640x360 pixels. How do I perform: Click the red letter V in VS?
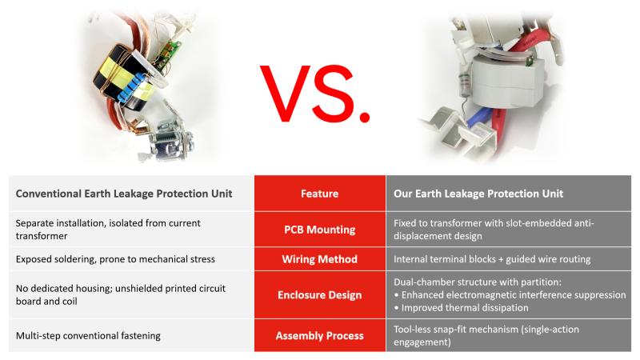[x=286, y=94]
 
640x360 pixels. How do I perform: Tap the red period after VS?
[x=365, y=116]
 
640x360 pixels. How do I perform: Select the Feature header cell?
[x=319, y=194]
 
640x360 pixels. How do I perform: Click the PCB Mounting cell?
[x=319, y=230]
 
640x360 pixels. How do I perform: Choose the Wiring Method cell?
[x=319, y=259]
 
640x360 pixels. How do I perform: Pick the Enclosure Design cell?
[x=319, y=294]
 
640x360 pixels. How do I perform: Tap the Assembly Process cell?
[x=319, y=335]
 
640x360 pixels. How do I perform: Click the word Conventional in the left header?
[x=48, y=194]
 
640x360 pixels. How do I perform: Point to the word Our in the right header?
[x=402, y=194]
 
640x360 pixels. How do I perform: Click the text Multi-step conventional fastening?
[x=88, y=336]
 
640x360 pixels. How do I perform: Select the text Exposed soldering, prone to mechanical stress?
[x=115, y=259]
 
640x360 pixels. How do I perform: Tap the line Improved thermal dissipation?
[x=465, y=308]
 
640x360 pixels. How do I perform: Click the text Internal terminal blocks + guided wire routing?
[x=492, y=259]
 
